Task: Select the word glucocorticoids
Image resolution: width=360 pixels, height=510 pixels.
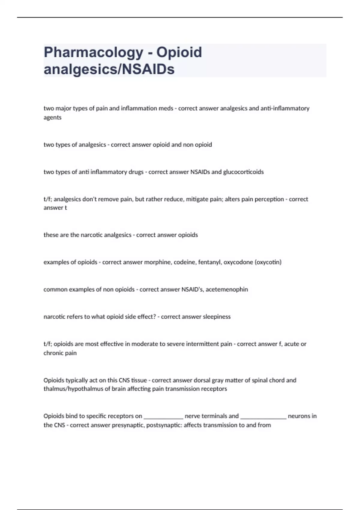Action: tap(243, 172)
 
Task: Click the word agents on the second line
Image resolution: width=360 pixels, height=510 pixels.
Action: tap(52, 118)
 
